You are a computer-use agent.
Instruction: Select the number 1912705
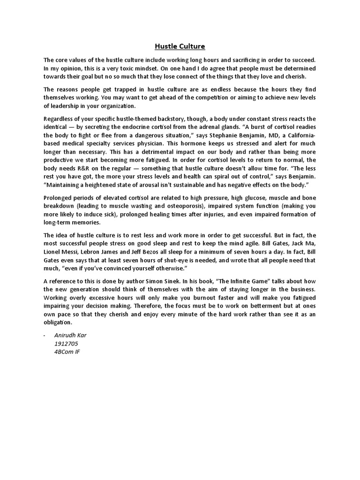point(67,344)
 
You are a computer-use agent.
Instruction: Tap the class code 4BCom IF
point(67,352)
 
